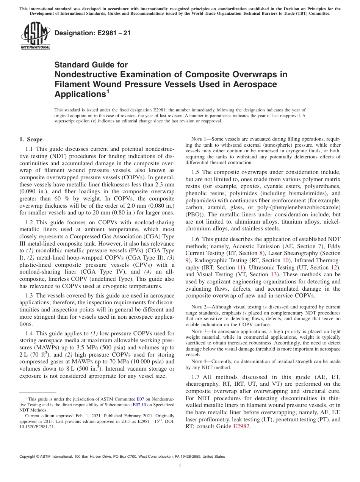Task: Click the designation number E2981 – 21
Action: (x=92, y=33)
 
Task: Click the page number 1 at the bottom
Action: (x=180, y=466)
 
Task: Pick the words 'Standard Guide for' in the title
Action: (x=91, y=65)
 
